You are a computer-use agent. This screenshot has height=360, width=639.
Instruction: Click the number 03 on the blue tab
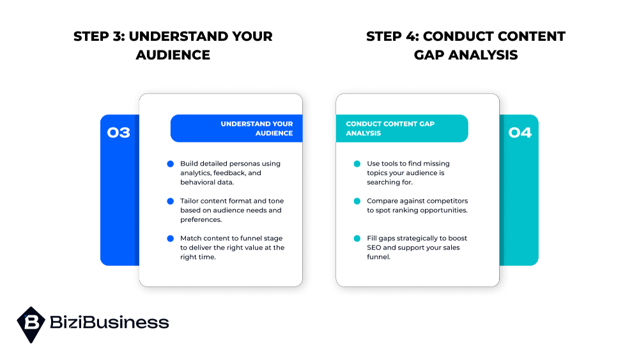(119, 133)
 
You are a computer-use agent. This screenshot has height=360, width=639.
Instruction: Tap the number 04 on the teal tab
(520, 133)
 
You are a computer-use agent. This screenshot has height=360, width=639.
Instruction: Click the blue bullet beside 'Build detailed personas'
(170, 164)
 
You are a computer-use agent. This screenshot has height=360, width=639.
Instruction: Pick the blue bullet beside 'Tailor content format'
(170, 201)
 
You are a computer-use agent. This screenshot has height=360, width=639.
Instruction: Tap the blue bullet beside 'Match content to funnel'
(170, 239)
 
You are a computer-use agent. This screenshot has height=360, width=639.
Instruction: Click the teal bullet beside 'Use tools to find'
(357, 164)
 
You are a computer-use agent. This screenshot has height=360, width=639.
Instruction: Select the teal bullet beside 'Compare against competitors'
(357, 201)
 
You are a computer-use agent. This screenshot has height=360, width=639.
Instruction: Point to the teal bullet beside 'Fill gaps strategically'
(357, 239)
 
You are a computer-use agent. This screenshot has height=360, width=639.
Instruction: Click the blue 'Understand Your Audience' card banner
(236, 129)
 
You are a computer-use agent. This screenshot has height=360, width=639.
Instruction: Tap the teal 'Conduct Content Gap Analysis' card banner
(402, 129)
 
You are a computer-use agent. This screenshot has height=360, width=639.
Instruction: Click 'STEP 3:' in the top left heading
(99, 36)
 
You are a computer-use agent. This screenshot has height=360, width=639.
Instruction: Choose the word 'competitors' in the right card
(446, 201)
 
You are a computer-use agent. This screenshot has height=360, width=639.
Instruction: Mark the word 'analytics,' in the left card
(199, 173)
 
